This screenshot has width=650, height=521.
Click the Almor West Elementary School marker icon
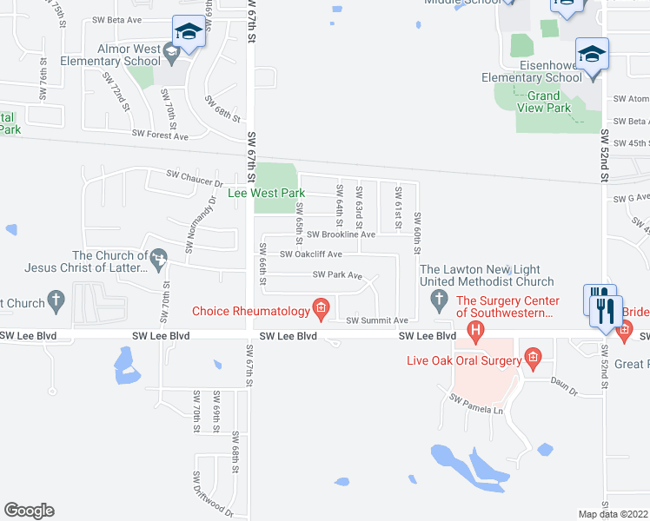coord(187,33)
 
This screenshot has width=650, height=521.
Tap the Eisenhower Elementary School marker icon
coord(592,55)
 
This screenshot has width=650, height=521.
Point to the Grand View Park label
coord(544,102)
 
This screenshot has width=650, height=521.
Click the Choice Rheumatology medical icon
coord(321,308)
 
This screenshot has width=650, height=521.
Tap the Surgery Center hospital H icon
coord(475,330)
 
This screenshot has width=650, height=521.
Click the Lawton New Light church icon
coord(437,300)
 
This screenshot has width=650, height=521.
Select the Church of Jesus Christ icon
coord(159,258)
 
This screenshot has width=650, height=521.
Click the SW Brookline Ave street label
coord(340,234)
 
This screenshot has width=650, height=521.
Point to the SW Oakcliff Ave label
coord(310,254)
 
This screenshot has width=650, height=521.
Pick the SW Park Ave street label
coord(337,275)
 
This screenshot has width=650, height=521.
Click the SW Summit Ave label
coord(377,320)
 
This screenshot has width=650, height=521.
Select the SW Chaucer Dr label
coord(197,183)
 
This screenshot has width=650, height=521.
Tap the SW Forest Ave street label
coord(160,135)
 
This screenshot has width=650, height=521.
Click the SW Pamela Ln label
coord(476,404)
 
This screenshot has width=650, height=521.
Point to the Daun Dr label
coord(565,392)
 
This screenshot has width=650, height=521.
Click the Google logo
coord(29,511)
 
